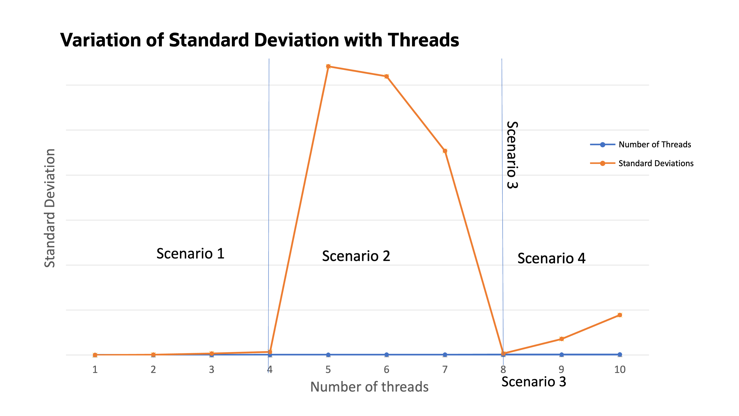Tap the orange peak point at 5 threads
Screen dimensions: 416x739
tap(328, 66)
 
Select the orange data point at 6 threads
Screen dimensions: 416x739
tap(386, 76)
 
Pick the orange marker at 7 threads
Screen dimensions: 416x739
tap(445, 151)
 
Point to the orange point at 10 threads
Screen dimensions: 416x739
tap(620, 315)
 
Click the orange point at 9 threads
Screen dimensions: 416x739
tap(561, 339)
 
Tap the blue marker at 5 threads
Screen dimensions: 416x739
tap(328, 355)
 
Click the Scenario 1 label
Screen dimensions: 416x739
tap(190, 254)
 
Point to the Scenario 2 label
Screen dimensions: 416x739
tap(356, 256)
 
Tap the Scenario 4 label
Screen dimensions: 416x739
tap(551, 258)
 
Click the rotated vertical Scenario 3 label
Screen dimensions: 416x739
tap(512, 155)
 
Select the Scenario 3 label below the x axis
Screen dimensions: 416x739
tap(534, 382)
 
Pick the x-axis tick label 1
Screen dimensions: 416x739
tap(95, 369)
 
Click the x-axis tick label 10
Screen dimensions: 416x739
tap(620, 369)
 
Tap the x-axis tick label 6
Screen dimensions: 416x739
tap(386, 369)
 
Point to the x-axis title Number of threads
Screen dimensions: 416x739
tap(369, 387)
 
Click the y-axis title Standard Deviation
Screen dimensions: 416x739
tap(50, 208)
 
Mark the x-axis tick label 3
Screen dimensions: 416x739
tap(211, 369)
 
